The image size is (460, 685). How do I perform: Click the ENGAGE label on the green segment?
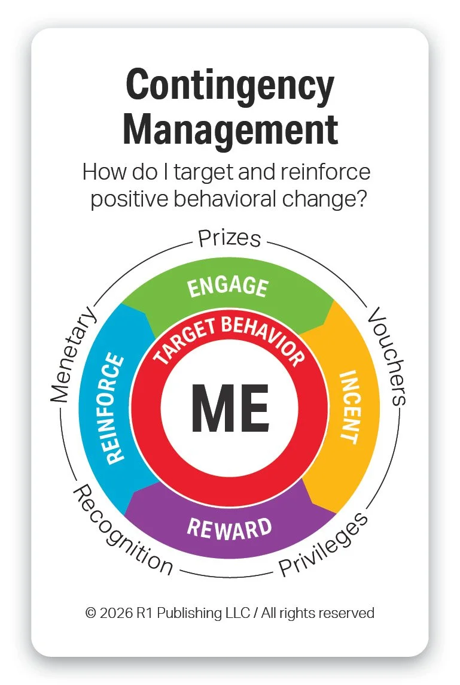[x=227, y=286]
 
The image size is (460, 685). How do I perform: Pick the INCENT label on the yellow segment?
[x=349, y=407]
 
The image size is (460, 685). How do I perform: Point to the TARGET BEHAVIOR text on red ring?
[x=229, y=338]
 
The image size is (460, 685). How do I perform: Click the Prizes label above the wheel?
[x=229, y=238]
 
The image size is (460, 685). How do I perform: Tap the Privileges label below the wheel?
[x=323, y=545]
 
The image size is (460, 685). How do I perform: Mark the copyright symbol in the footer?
[x=90, y=613]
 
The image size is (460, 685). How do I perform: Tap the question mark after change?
[x=361, y=199]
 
